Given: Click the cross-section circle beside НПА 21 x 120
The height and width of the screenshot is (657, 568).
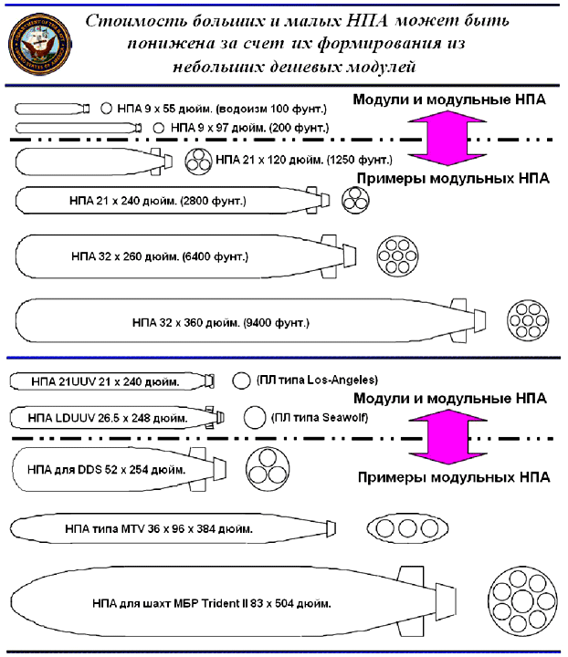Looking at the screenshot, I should [x=198, y=162].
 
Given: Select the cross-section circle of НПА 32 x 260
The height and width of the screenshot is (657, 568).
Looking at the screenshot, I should [x=398, y=257].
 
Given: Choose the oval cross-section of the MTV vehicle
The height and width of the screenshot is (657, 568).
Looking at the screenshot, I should [x=406, y=528].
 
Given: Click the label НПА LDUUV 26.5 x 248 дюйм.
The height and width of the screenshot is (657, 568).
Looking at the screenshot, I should [x=109, y=419].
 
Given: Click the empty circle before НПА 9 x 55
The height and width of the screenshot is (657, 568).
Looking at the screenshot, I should [x=106, y=108].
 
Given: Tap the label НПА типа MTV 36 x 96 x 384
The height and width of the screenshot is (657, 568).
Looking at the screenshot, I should [x=159, y=528].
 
